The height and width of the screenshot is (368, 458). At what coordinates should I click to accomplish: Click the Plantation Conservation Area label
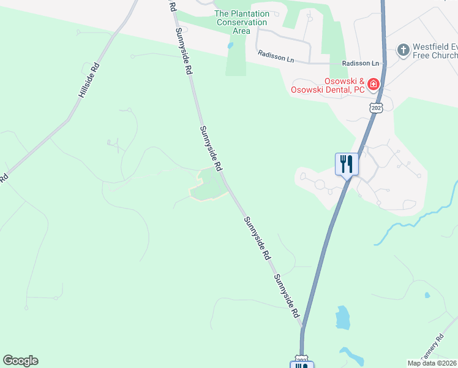tap(241, 23)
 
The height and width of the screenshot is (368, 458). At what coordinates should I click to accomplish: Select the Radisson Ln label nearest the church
tap(361, 63)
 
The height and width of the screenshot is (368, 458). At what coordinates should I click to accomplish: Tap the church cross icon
tap(403, 50)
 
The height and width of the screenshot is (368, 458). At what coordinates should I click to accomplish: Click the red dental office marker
tap(373, 83)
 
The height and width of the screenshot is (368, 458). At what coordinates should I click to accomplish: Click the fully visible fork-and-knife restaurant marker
tap(347, 164)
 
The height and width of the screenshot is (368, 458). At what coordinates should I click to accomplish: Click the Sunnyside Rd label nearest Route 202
tap(287, 296)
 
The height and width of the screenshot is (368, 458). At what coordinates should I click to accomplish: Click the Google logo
tap(20, 361)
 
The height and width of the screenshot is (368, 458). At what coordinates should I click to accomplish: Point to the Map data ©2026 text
tap(432, 363)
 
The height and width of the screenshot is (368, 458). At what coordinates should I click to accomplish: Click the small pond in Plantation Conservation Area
tap(230, 45)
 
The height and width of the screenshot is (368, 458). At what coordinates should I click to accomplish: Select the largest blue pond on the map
tap(342, 317)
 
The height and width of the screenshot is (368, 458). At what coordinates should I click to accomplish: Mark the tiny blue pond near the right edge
tap(427, 295)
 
